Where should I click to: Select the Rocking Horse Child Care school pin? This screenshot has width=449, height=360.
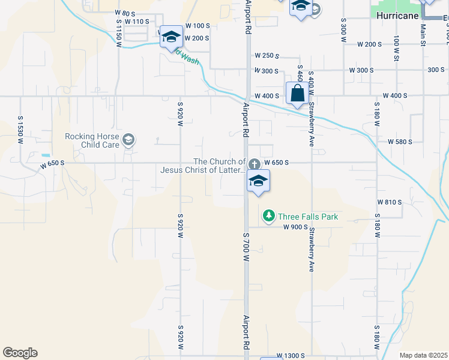pyautogui.click(x=128, y=141)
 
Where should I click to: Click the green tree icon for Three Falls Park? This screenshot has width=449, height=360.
pyautogui.click(x=269, y=215)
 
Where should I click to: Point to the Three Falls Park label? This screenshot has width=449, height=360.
pyautogui.click(x=308, y=217)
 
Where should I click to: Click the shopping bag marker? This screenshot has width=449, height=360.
pyautogui.click(x=297, y=94)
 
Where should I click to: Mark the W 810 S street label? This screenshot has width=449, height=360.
pyautogui.click(x=389, y=202)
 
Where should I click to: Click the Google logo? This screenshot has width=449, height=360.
pyautogui.click(x=20, y=353)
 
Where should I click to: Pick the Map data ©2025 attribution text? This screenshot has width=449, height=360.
pyautogui.click(x=423, y=355)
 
